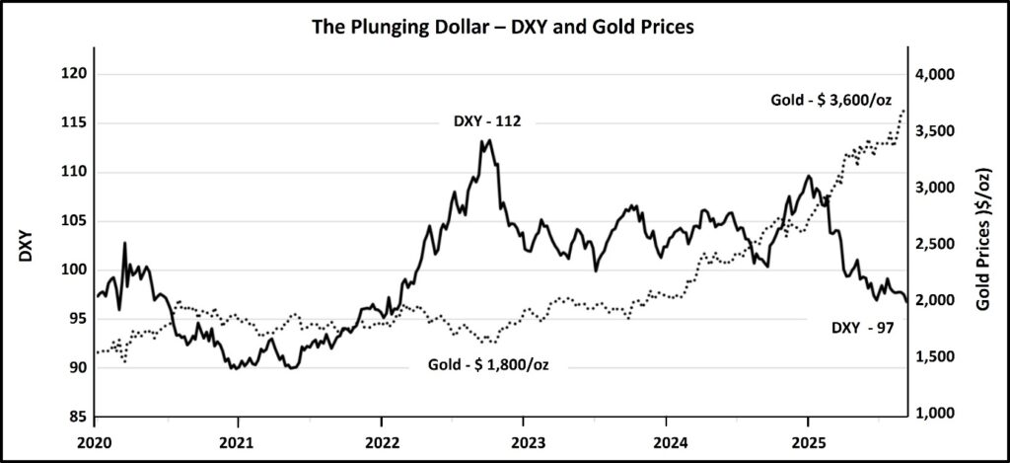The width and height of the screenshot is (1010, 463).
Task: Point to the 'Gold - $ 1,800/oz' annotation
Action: click(488, 364)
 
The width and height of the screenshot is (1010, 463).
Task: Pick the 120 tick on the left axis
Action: click(76, 75)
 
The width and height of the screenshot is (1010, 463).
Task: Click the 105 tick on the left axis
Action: click(76, 221)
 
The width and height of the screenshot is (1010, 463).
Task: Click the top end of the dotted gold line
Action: click(904, 110)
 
